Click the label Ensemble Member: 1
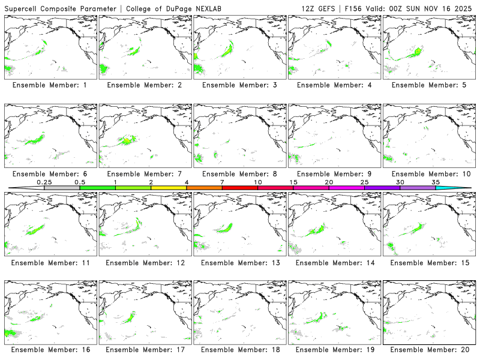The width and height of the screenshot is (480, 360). tap(50, 85)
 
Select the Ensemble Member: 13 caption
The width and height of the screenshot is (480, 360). tap(238, 262)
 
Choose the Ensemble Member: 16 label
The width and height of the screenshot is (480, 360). tap(50, 350)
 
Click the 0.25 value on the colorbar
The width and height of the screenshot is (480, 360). tap(44, 182)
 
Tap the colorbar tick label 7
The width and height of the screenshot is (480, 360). tap(222, 182)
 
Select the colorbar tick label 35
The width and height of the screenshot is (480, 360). tap(435, 182)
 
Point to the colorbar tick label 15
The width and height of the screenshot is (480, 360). tap(293, 182)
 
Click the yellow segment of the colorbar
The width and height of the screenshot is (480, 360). tap(169, 188)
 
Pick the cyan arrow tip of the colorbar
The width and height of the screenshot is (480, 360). tap(463, 188)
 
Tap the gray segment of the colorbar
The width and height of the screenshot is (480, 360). tap(62, 188)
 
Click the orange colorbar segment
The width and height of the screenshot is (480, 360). tap(204, 188)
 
